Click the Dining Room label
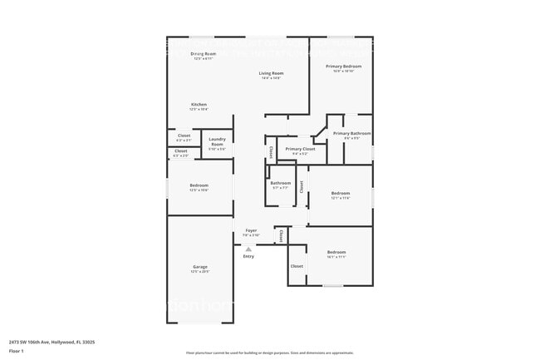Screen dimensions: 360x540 [x=199, y=54]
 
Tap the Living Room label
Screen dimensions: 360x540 [x=271, y=73]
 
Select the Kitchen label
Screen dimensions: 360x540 [x=199, y=105]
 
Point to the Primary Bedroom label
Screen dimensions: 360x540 [x=343, y=67]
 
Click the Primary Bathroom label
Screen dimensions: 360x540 [x=352, y=133]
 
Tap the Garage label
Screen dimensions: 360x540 [x=200, y=267]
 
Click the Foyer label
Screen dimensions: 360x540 [x=250, y=230]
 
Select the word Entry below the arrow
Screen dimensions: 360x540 [x=248, y=256]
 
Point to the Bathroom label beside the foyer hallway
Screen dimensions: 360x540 [x=280, y=183]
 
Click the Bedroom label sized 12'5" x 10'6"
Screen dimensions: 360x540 [x=199, y=185]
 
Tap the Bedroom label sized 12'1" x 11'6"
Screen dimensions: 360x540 [x=341, y=193]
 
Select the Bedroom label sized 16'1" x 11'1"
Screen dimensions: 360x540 [x=336, y=252]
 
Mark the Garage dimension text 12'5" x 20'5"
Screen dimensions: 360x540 [x=200, y=272]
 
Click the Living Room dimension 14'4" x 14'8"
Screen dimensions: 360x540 [x=271, y=78]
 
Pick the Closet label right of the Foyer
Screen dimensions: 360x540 [x=281, y=235]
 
